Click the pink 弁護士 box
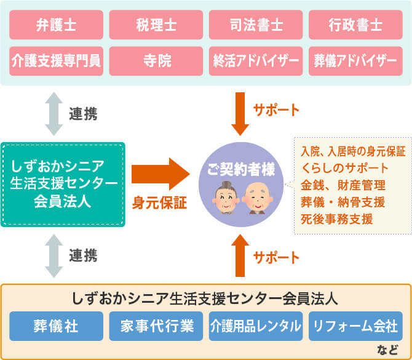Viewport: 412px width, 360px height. (x=56, y=25)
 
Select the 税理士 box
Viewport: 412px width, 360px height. (x=156, y=25)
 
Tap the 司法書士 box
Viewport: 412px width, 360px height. (x=256, y=25)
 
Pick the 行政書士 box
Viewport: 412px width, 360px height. (x=355, y=25)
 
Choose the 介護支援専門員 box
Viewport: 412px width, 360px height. (x=56, y=61)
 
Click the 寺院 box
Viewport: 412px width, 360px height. (x=156, y=61)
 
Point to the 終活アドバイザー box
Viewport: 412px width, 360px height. (x=256, y=61)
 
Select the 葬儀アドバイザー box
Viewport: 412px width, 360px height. (x=355, y=61)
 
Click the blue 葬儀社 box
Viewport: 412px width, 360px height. (x=56, y=326)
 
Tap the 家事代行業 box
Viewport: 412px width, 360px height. (x=156, y=326)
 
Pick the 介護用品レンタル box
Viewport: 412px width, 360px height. (x=256, y=326)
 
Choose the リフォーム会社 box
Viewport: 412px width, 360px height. (x=355, y=326)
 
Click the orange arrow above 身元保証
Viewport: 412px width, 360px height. (x=160, y=174)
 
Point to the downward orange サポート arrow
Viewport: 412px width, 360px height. (x=240, y=114)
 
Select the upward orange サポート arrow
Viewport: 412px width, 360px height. (x=240, y=255)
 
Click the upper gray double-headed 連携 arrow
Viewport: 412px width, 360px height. (x=54, y=114)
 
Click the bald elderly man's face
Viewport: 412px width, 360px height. (x=258, y=198)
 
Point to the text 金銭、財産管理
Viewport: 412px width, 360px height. (x=343, y=185)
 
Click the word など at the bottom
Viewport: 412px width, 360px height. (x=387, y=350)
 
